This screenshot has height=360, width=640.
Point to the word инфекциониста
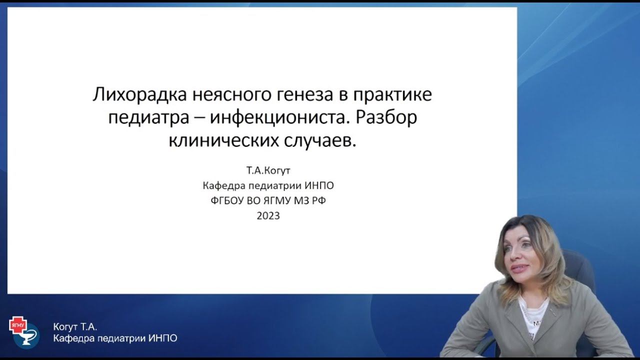click(x=278, y=118)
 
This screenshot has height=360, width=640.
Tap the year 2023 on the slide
click(x=268, y=216)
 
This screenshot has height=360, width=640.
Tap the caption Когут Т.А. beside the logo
click(x=74, y=327)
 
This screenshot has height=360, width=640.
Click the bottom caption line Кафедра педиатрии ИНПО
click(x=115, y=338)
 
